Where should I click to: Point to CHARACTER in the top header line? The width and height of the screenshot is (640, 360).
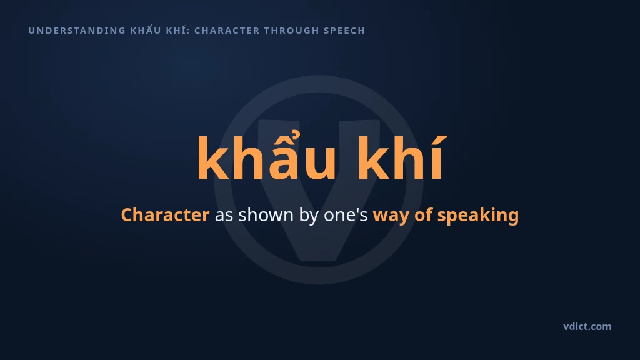(227, 31)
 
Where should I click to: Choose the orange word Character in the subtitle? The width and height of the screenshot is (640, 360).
(165, 215)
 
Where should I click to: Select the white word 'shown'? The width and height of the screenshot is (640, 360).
(266, 215)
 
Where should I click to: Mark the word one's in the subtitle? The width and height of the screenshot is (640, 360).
(346, 216)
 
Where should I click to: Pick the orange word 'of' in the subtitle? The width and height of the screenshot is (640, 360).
(423, 215)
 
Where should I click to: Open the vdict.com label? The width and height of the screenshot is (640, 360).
(587, 326)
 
